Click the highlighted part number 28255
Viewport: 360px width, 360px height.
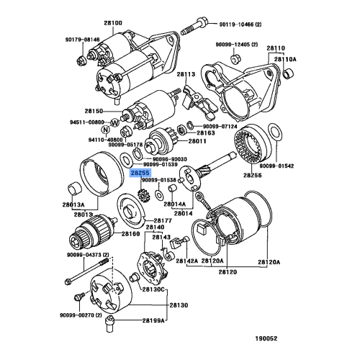[139, 174]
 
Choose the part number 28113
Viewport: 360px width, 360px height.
[186, 75]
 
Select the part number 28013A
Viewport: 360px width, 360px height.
[73, 204]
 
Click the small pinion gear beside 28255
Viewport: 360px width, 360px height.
[141, 197]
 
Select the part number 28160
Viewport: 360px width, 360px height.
[130, 234]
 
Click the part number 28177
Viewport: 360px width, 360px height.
[163, 221]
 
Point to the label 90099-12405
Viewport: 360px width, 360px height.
[236, 45]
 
